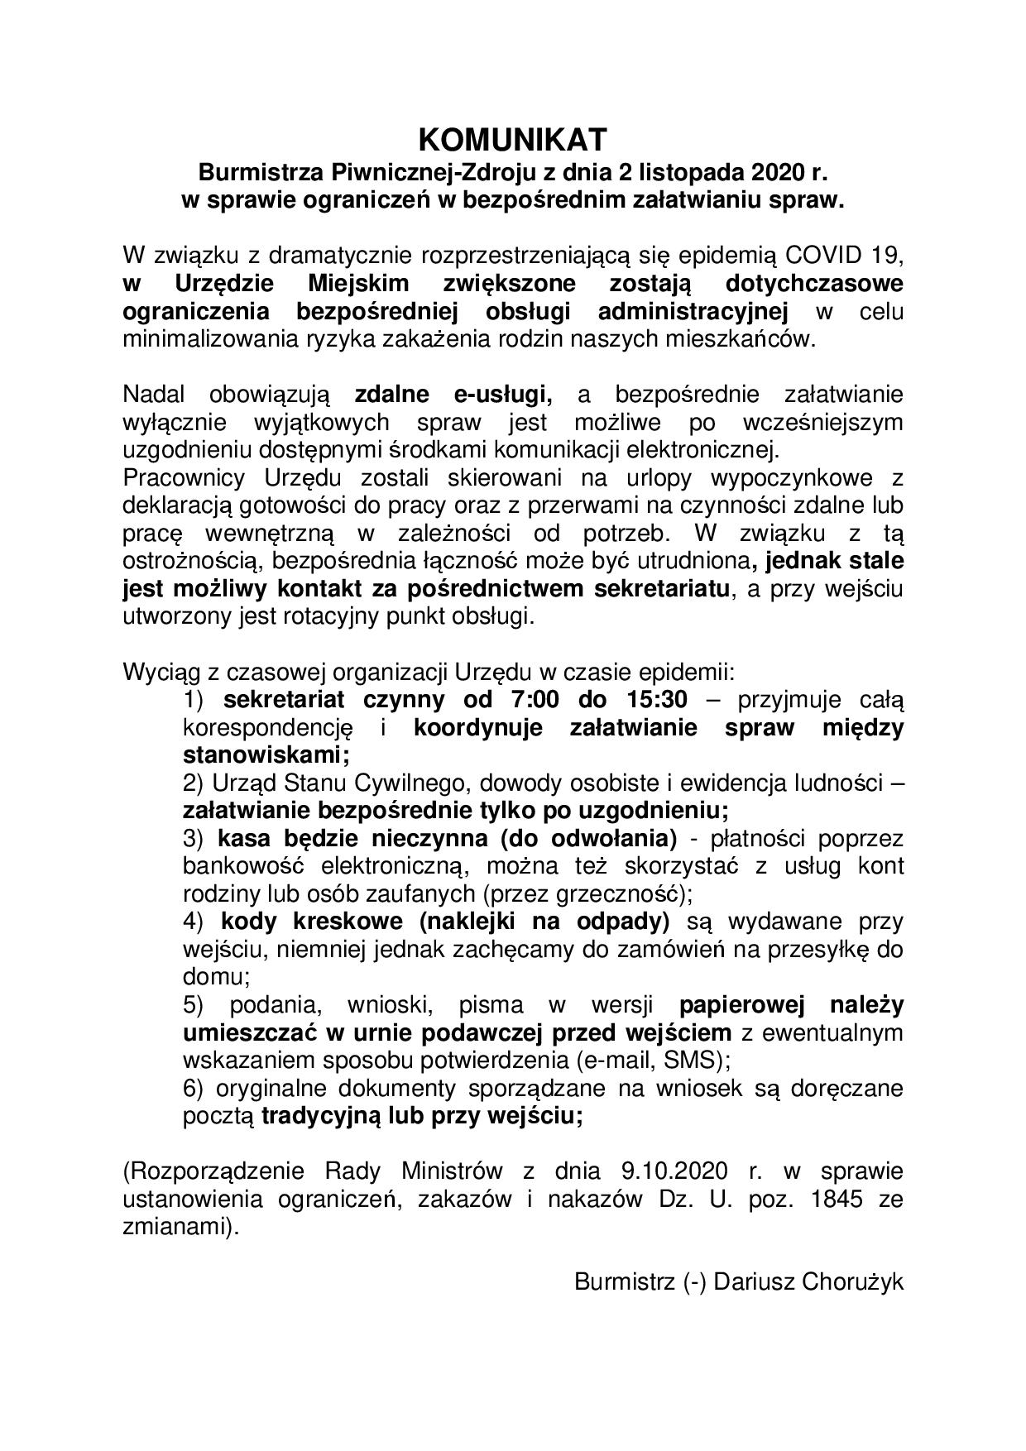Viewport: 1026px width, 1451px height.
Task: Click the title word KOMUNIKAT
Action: point(513,140)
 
